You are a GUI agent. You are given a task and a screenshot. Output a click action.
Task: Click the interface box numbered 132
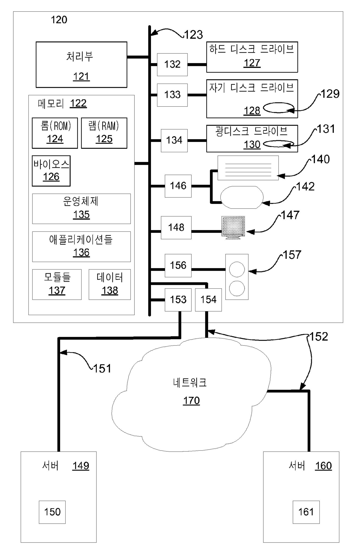pyautogui.click(x=172, y=64)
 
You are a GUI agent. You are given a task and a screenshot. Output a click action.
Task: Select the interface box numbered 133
pyautogui.click(x=172, y=95)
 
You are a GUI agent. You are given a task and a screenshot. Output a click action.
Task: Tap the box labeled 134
pyautogui.click(x=174, y=141)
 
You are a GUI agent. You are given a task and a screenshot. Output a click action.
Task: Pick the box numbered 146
pyautogui.click(x=178, y=186)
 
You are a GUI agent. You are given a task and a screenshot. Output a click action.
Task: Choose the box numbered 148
pyautogui.click(x=176, y=228)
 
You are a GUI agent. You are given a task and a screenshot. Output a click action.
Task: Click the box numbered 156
pyautogui.click(x=178, y=265)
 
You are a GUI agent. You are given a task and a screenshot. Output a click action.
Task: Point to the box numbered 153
pyautogui.click(x=178, y=300)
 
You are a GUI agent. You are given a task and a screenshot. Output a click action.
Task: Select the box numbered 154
pyautogui.click(x=208, y=300)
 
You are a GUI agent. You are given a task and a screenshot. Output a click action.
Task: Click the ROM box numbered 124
pyautogui.click(x=55, y=133)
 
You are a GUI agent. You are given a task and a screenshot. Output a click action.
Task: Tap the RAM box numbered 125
pyautogui.click(x=104, y=133)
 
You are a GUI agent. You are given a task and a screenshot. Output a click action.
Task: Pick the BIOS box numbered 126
pyautogui.click(x=51, y=171)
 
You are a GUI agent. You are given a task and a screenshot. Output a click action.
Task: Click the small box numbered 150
pyautogui.click(x=52, y=512)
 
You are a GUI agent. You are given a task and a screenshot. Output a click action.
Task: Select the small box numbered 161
pyautogui.click(x=306, y=512)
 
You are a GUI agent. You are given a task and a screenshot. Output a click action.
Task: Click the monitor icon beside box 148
pyautogui.click(x=233, y=228)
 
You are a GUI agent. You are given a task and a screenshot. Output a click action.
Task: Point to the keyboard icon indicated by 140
pyautogui.click(x=248, y=168)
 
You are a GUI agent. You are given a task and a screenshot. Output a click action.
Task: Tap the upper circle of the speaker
pyautogui.click(x=237, y=269)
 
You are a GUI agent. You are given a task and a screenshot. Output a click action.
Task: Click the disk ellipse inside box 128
pyautogui.click(x=278, y=107)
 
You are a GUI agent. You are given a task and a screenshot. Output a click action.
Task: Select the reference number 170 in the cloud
pyautogui.click(x=191, y=401)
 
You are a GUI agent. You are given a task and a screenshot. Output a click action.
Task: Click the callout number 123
pyautogui.click(x=194, y=35)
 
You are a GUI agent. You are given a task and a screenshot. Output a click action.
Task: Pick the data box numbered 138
pyautogui.click(x=110, y=285)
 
